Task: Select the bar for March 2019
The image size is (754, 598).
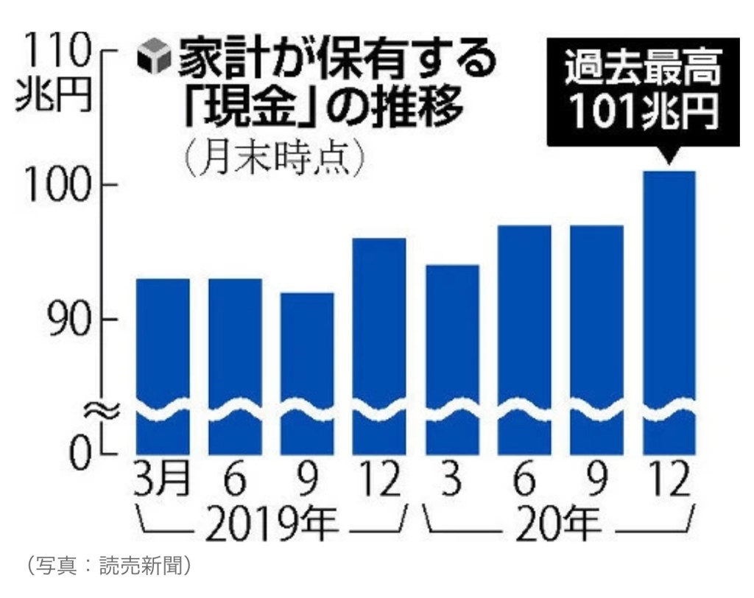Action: coord(163,361)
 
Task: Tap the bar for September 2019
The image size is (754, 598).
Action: coord(307,368)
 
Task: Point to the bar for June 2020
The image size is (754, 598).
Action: coord(524,339)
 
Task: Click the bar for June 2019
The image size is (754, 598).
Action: coord(235,361)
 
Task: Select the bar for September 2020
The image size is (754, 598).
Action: coord(596,339)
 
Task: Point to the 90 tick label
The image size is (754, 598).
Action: coord(68,319)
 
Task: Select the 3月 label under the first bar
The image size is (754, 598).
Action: coord(163,482)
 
